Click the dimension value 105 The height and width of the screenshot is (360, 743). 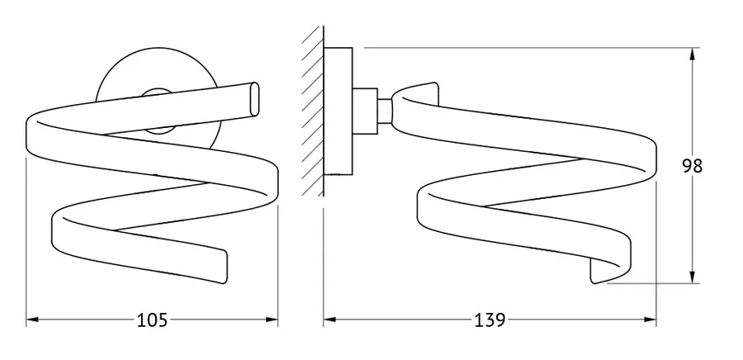click(x=152, y=320)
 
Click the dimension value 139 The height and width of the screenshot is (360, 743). click(x=490, y=320)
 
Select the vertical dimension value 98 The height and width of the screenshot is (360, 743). click(x=693, y=166)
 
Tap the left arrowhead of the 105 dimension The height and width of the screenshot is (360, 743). click(x=31, y=320)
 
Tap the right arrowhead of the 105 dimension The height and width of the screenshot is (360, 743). click(x=272, y=320)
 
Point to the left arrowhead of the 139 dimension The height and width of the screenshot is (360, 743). click(x=329, y=320)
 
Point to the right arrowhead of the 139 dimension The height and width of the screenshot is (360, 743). click(x=651, y=320)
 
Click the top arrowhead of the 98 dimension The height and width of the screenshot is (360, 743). click(x=693, y=54)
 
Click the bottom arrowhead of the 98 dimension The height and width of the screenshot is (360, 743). click(x=693, y=277)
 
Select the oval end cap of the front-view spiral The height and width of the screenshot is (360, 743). click(x=254, y=99)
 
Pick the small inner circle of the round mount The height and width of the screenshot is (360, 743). click(x=159, y=111)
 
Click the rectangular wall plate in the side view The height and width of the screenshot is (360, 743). click(x=338, y=111)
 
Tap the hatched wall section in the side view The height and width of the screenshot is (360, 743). click(x=313, y=111)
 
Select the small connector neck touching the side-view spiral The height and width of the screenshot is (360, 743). click(x=385, y=111)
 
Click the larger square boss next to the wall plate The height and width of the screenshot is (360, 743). click(x=365, y=111)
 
